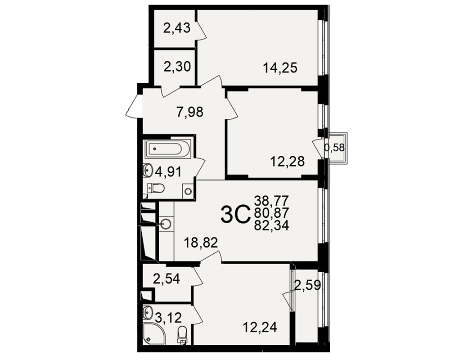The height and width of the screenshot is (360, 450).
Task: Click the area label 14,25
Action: pos(280,68)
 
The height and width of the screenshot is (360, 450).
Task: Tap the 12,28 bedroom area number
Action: pos(287,162)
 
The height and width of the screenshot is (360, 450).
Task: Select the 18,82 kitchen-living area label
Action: pos(201,243)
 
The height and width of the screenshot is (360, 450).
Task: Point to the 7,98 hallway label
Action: pos(190,112)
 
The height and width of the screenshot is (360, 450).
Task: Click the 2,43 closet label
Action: pos(177,28)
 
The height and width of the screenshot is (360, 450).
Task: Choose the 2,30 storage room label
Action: pos(177,67)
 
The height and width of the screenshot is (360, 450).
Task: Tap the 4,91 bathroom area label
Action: pos(168,172)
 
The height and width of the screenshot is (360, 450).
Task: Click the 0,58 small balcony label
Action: pos(334,148)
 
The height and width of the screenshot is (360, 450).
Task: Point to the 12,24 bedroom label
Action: pos(260,327)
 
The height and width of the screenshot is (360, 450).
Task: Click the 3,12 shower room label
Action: pos(168,318)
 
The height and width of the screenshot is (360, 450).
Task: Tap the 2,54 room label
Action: pos(166,279)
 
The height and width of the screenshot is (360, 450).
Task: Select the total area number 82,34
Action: pos(271,226)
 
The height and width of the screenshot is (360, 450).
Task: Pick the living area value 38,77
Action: pos(271,200)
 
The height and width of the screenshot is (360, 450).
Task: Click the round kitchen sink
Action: pos(166,223)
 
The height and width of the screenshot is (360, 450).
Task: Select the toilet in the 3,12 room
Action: pos(182,335)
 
